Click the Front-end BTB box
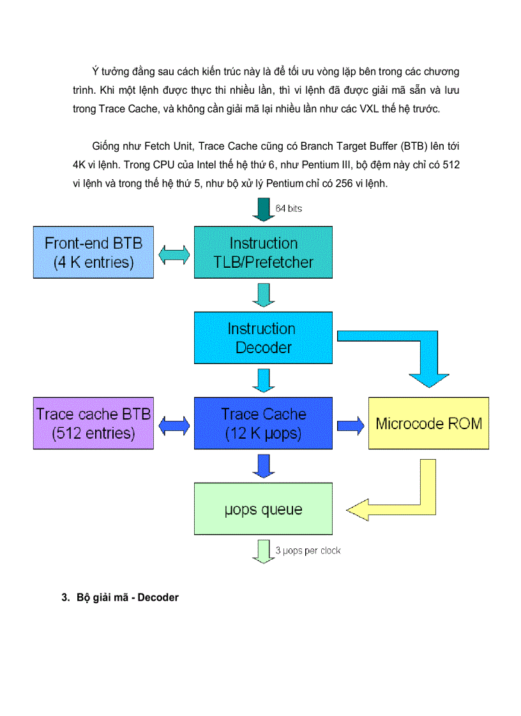[93, 252]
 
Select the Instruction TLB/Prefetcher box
[263, 252]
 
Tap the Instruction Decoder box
[263, 338]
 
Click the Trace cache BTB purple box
[93, 423]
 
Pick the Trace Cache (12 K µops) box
[263, 423]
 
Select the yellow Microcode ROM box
[428, 423]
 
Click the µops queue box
[263, 509]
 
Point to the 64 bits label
[289, 208]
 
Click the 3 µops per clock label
[308, 550]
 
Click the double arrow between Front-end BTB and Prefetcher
[174, 254]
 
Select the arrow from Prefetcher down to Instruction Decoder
[263, 295]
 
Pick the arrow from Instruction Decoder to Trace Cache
[263, 381]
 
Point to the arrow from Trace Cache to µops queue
[263, 465]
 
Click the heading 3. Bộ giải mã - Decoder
[120, 597]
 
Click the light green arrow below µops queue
[262, 551]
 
